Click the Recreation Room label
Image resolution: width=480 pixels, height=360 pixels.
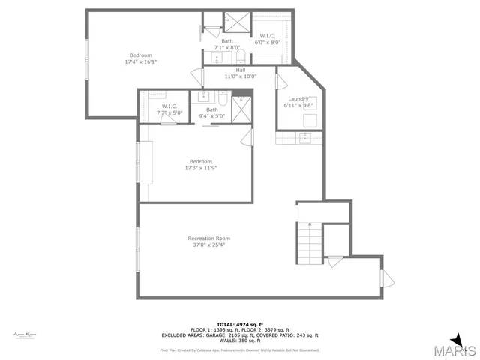coord(208,238)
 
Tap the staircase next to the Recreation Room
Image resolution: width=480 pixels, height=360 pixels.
coord(310,241)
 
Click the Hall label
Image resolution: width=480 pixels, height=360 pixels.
coord(240,70)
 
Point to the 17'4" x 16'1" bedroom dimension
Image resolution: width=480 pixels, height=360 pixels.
coord(141,62)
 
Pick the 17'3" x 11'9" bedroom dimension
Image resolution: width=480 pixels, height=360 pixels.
coord(200,169)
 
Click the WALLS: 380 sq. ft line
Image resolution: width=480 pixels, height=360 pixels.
coord(239,341)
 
